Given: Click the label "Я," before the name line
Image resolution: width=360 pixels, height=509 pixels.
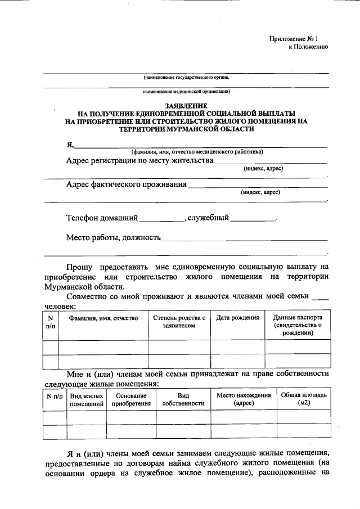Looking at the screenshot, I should pos(70,145).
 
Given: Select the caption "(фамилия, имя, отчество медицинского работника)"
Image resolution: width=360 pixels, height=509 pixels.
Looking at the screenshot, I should pos(197,152).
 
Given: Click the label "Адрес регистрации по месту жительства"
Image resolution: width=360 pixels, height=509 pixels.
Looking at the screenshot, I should pos(139,161).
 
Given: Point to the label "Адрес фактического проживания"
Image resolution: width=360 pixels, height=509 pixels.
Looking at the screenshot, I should pos(127,184).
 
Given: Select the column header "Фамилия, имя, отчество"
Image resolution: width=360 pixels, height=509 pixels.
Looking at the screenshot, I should pos(103,318).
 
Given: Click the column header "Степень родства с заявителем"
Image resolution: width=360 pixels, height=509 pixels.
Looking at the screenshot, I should pos(179,322).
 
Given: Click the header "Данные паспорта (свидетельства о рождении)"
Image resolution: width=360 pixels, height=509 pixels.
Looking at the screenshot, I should pos(298,325).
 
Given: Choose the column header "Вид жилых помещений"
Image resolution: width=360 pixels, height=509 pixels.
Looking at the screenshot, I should pos(86,399).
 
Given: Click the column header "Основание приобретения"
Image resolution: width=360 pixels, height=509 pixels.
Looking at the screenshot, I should pos(131,399).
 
